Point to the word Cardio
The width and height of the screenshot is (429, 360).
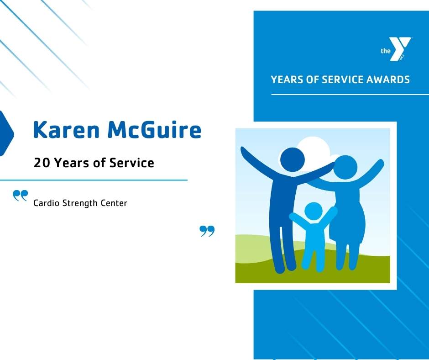[x=46, y=203]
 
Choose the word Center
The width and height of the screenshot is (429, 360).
[x=115, y=203]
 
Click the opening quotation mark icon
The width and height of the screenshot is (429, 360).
[x=20, y=196]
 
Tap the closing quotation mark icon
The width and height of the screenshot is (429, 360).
[x=207, y=231]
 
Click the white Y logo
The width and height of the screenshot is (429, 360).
[x=402, y=49]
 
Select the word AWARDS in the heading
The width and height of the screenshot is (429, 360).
[x=388, y=79]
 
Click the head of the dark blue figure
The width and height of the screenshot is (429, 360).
[x=292, y=158]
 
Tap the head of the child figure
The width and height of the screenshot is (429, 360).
[x=313, y=211]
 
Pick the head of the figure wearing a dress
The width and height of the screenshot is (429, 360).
[x=345, y=167]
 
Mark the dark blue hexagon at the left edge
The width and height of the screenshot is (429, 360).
[x=6, y=133]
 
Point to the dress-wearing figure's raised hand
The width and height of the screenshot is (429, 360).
[x=379, y=164]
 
